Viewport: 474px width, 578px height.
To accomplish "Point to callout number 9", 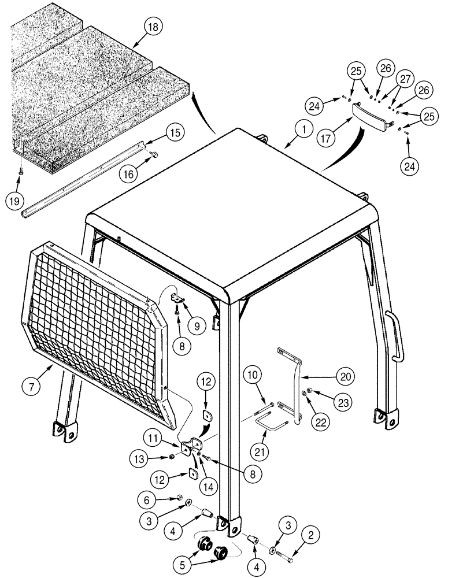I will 197,325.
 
